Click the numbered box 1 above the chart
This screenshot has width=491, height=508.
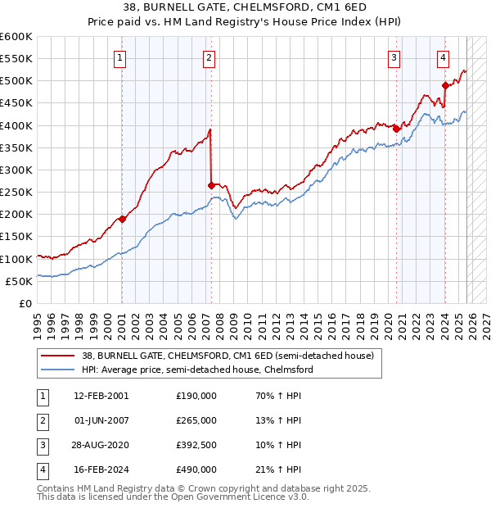[x=120, y=57]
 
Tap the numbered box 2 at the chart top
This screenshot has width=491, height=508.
[x=209, y=57]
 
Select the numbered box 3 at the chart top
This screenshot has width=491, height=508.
[x=394, y=57]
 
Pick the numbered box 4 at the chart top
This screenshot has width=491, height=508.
[x=443, y=57]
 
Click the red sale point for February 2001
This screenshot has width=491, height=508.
[x=122, y=219]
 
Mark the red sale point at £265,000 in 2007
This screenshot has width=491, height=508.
[x=211, y=185]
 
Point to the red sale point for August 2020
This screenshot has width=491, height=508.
[x=396, y=128]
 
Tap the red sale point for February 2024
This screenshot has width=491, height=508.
[x=445, y=85]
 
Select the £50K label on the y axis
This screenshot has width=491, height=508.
[x=19, y=281]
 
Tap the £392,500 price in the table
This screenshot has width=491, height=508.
[x=196, y=445]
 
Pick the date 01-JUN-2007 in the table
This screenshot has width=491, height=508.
[x=101, y=420]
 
